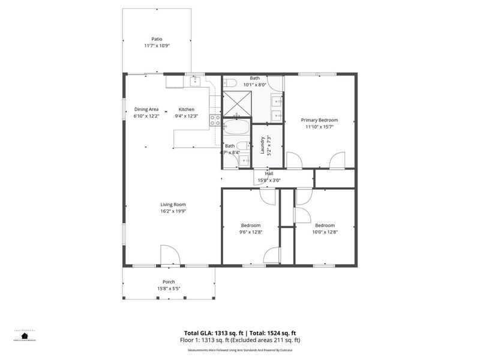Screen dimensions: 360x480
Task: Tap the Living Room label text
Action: [172, 204]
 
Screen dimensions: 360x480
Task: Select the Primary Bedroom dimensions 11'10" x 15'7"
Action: [319, 127]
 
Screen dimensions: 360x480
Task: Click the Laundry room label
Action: [262, 145]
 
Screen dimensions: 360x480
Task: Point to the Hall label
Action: [269, 173]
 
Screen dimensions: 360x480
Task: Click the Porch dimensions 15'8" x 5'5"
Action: [169, 289]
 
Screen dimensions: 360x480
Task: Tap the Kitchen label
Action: [186, 109]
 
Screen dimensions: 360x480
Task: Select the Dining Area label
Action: [146, 109]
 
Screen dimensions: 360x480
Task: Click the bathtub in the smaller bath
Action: [236, 127]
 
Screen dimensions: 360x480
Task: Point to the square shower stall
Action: [236, 103]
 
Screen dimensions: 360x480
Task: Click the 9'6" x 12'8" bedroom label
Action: [251, 226]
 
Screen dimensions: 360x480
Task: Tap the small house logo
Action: [25, 336]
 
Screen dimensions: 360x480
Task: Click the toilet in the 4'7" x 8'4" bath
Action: [243, 145]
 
